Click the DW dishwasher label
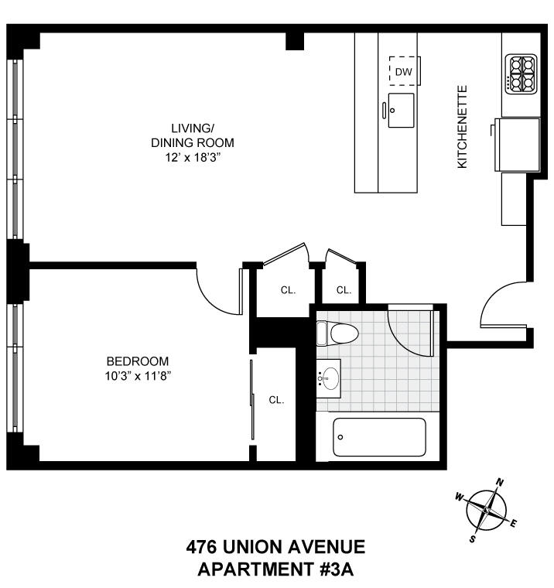point(404,72)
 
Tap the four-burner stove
point(521,74)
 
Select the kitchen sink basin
point(401,110)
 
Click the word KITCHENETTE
point(462,127)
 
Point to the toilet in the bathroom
point(337,333)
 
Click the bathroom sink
point(329,378)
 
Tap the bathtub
point(379,437)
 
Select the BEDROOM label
point(138,361)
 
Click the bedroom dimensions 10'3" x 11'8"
point(138,376)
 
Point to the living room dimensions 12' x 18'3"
point(192,158)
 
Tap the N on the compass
point(500,482)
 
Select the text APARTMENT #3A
point(275,569)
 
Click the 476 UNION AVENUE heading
point(275,547)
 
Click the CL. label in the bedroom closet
point(276,400)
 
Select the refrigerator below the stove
point(517,145)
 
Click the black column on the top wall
point(295,41)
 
